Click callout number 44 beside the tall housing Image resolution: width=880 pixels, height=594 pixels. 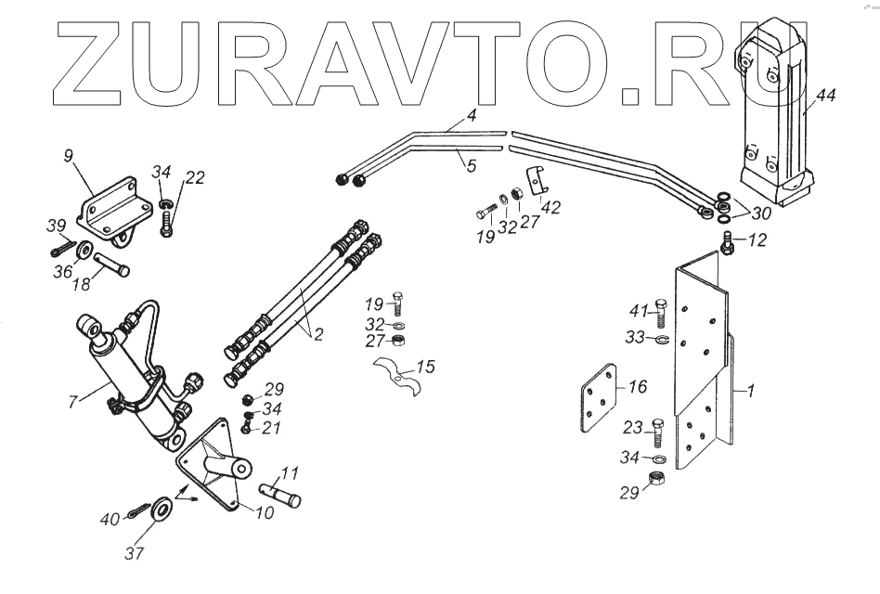coord(826,96)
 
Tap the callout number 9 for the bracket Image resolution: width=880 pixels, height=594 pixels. coord(69,156)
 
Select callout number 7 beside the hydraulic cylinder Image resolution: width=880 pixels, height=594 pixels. coord(73,401)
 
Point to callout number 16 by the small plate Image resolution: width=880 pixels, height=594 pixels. coord(637,385)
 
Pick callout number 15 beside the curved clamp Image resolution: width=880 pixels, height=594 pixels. coord(425,369)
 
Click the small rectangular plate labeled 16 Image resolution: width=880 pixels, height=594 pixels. coord(594,399)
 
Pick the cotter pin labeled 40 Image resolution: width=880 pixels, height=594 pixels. coord(139,511)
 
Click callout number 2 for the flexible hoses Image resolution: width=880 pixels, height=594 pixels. coord(317,334)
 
